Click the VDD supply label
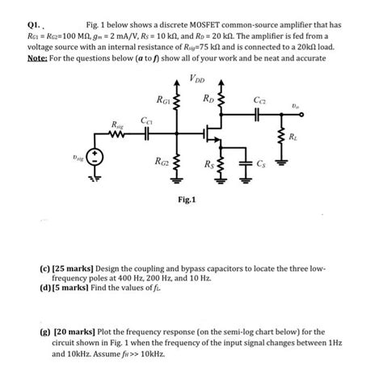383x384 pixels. click(196, 78)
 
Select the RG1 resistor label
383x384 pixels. click(164, 99)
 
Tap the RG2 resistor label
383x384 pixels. click(164, 161)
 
